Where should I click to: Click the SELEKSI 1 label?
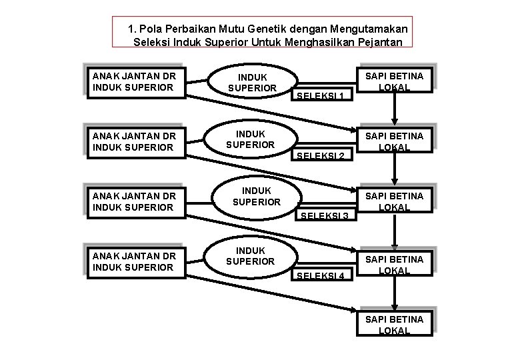pos(321,96)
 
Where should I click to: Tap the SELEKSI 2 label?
pos(321,156)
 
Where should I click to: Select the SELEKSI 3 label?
pos(325,216)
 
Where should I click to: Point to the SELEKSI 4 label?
pos(321,276)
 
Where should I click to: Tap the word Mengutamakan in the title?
pos(376,29)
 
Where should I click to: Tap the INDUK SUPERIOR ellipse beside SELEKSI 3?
pos(256,196)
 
